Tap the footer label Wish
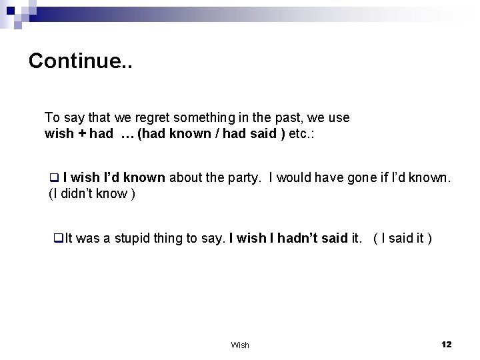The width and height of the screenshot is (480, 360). [x=239, y=345]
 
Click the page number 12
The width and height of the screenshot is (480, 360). [x=446, y=344]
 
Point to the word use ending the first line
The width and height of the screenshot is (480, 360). [x=339, y=117]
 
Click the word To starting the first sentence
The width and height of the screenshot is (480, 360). [x=51, y=117]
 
